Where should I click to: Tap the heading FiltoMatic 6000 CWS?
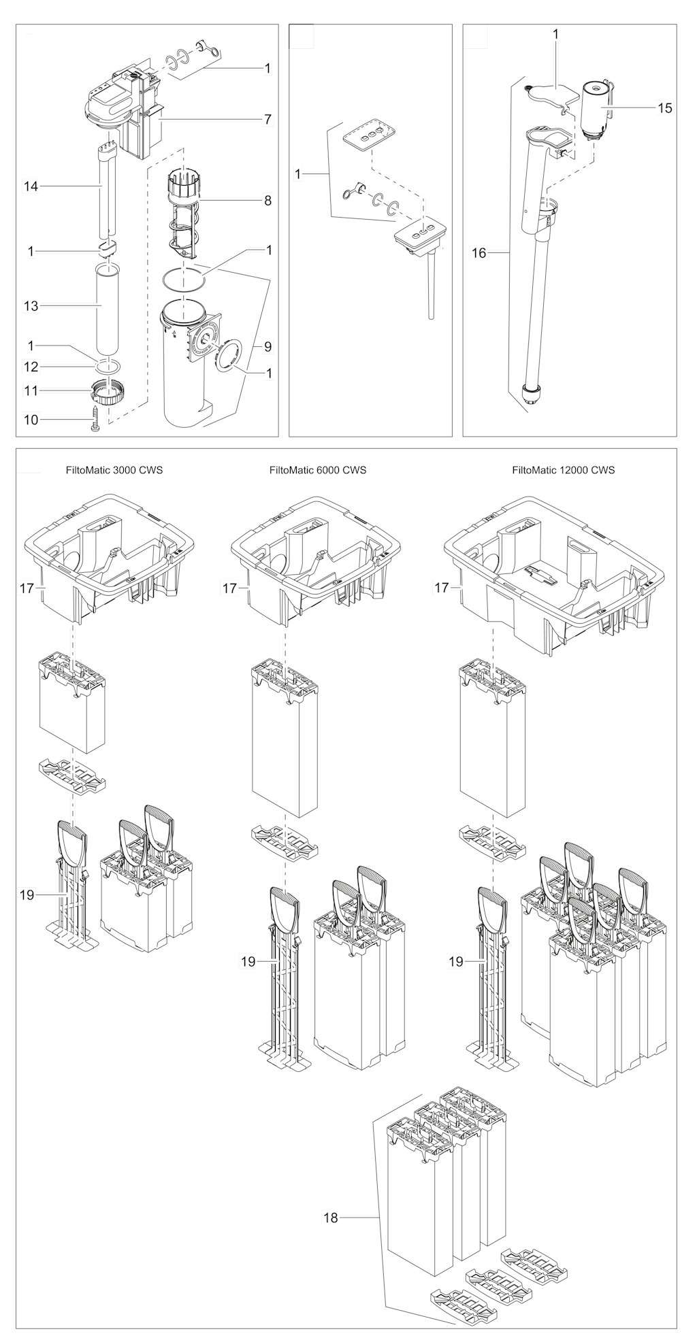coord(318,470)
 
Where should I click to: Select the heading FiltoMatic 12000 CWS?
coord(564,470)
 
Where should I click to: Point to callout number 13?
coord(31,306)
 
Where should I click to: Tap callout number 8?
coord(268,200)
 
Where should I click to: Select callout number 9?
coord(268,346)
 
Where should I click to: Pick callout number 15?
coord(664,107)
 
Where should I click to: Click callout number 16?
coord(479,253)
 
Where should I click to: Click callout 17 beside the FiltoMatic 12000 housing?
coord(442,587)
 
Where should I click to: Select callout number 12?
coord(31,367)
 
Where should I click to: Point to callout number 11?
coord(31,391)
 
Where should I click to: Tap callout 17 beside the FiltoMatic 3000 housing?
coord(27,587)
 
